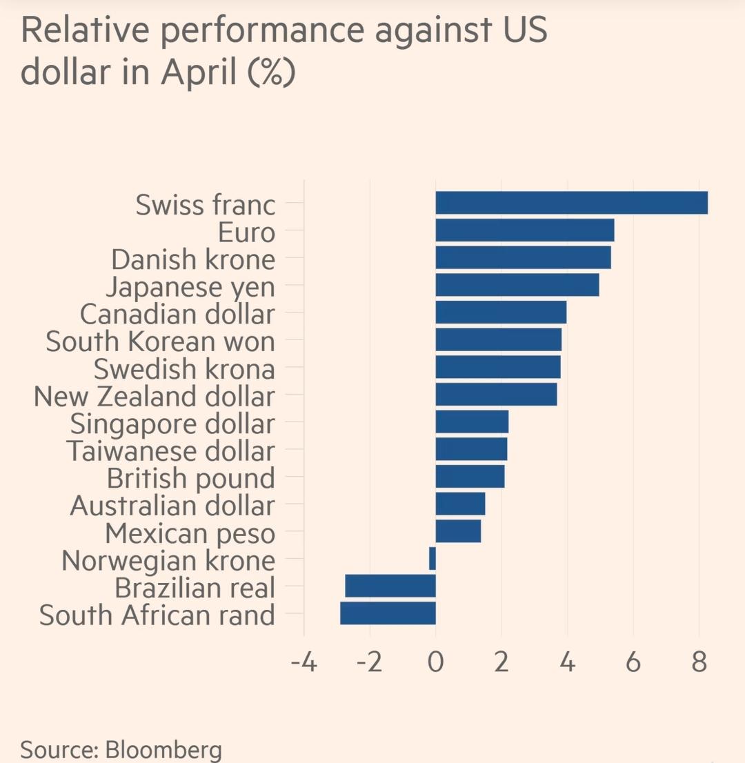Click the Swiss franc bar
click(571, 203)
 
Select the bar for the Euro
click(524, 230)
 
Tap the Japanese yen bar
click(517, 285)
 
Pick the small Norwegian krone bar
click(433, 559)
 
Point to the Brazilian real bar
click(390, 586)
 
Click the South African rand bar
click(388, 613)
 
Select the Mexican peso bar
click(458, 532)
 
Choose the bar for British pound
click(470, 477)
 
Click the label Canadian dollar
click(177, 314)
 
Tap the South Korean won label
click(160, 341)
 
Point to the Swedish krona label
click(184, 369)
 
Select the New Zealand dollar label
click(154, 397)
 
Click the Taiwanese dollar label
click(170, 452)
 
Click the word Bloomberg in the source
click(164, 750)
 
